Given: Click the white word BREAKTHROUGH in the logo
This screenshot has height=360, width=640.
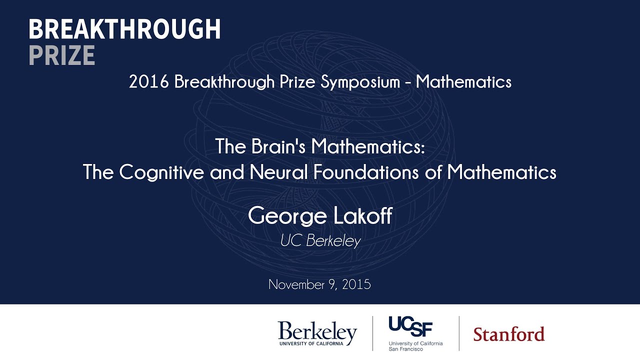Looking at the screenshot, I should (x=124, y=30).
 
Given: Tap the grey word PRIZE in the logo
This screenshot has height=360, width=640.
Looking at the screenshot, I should (x=61, y=55).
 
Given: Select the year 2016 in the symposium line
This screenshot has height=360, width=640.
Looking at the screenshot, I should (x=149, y=82).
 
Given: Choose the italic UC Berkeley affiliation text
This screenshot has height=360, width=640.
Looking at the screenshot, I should (x=320, y=241).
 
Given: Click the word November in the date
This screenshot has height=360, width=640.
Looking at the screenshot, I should (x=297, y=284).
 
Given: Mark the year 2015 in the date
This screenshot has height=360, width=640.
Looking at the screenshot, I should (x=357, y=284).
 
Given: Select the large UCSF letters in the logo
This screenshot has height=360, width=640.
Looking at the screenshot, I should (x=410, y=327).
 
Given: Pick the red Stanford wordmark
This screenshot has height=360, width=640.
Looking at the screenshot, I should (x=508, y=334).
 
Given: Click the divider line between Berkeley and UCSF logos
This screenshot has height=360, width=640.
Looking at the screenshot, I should (x=372, y=333).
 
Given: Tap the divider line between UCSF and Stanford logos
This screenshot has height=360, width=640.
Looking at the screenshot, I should (x=459, y=333).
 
